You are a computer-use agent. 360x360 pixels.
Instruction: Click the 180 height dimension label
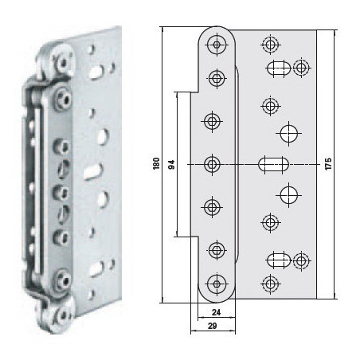click(x=156, y=163)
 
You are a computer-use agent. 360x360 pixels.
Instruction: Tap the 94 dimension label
click(x=172, y=165)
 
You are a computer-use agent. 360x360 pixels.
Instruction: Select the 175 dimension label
click(x=328, y=164)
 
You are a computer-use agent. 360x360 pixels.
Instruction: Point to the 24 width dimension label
click(x=216, y=312)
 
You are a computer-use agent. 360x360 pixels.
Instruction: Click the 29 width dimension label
click(x=213, y=326)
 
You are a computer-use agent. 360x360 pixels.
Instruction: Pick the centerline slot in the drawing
click(x=273, y=164)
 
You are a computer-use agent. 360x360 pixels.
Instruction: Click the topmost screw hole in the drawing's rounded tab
click(x=217, y=45)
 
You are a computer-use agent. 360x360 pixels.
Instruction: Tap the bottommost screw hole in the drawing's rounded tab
click(x=217, y=284)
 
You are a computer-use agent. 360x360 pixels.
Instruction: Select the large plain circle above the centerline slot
click(x=289, y=133)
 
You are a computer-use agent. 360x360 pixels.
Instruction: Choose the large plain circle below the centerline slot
click(x=289, y=195)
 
